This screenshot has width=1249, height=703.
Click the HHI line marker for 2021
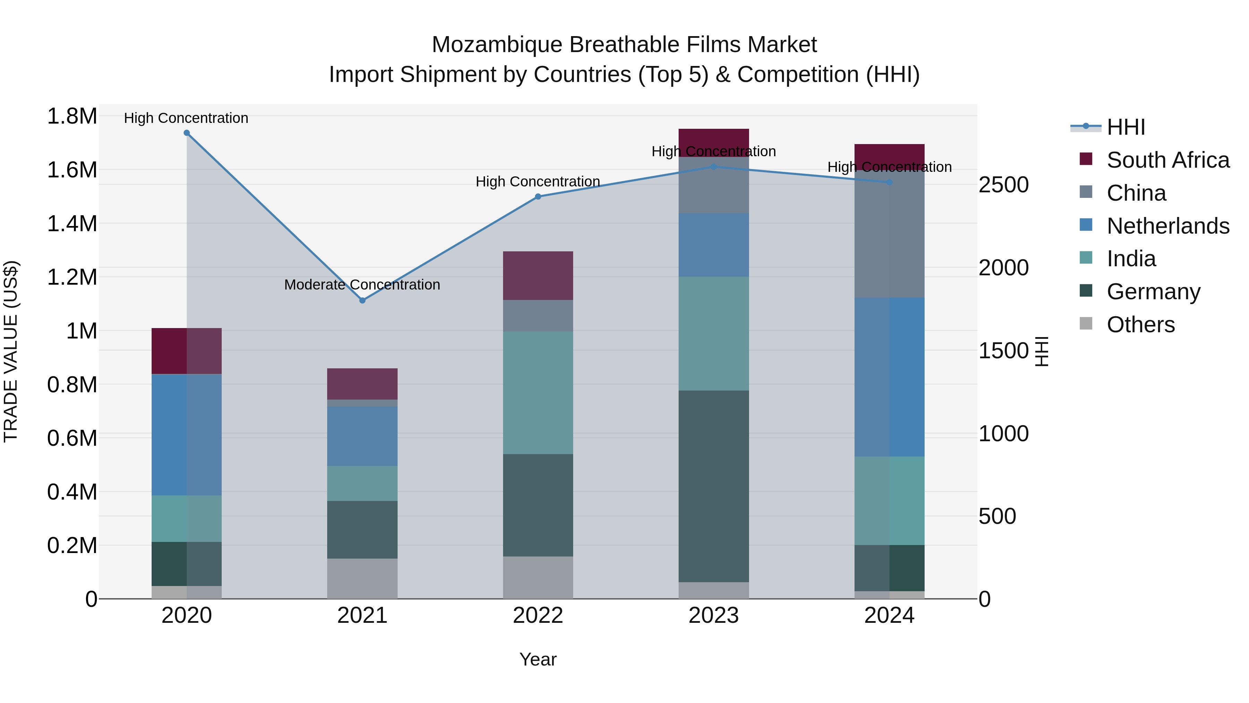click(x=362, y=300)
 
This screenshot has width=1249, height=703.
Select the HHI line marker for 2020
click(x=187, y=133)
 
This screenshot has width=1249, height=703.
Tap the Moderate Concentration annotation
click(x=362, y=285)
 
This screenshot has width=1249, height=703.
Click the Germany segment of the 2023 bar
click(x=713, y=486)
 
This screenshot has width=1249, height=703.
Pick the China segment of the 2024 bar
click(x=889, y=234)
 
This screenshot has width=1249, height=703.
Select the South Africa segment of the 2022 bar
click(x=538, y=276)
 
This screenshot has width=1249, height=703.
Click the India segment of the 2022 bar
click(x=538, y=393)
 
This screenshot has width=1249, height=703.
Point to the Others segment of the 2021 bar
click(x=362, y=578)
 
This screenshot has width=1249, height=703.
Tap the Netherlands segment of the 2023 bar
click(x=713, y=245)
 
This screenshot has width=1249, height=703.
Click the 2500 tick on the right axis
click(x=1003, y=185)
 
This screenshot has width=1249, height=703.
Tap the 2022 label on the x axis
click(x=538, y=616)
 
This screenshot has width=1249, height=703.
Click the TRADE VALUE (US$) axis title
click(x=11, y=351)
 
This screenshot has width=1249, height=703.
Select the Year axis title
click(x=538, y=659)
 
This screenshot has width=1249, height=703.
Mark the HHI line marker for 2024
click(x=889, y=182)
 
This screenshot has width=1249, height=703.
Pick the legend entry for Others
click(x=1140, y=325)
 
